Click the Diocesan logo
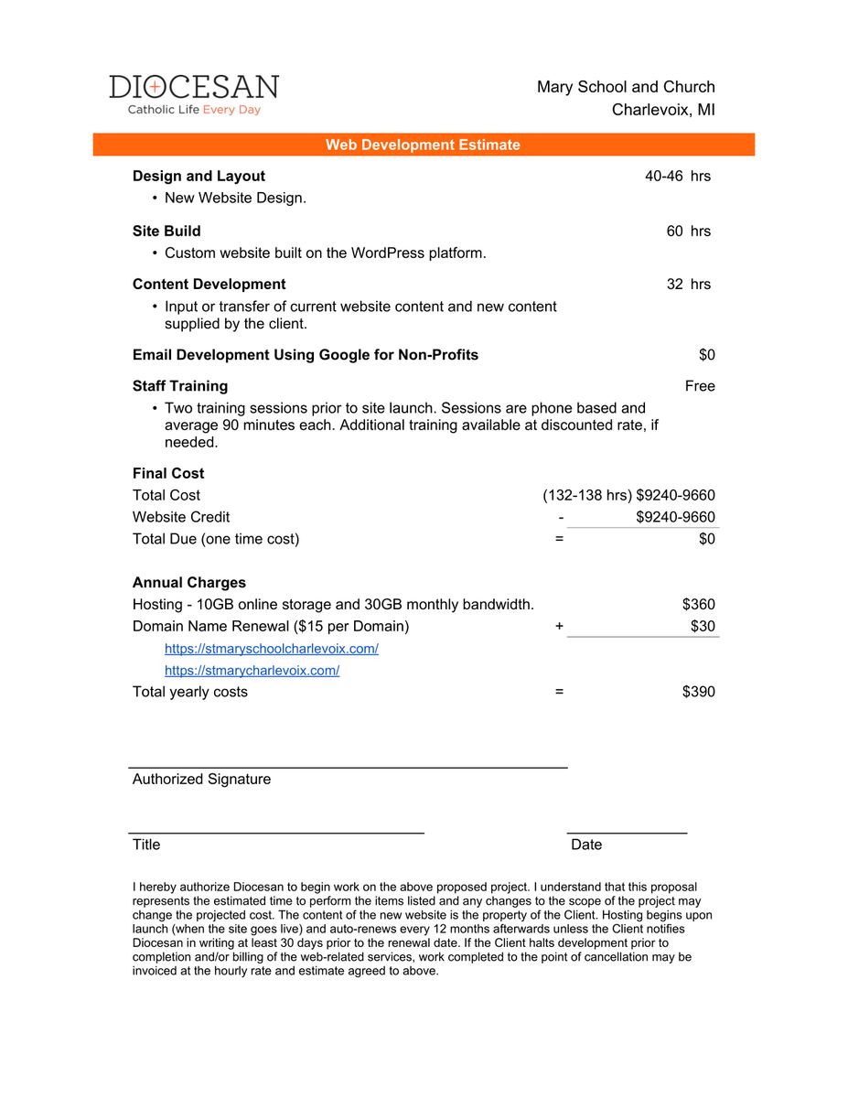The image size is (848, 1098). click(194, 94)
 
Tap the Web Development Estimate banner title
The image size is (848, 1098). click(423, 145)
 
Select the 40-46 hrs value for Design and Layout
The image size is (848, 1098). click(677, 176)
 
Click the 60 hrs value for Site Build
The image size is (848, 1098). click(688, 231)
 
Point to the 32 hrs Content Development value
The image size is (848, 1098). click(688, 284)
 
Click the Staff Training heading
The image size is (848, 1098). click(180, 385)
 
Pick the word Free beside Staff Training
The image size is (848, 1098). click(700, 385)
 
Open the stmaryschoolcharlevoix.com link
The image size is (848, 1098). click(272, 648)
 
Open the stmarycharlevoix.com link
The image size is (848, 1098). click(252, 670)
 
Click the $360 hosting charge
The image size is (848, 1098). click(698, 604)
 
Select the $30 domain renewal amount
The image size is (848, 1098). click(703, 626)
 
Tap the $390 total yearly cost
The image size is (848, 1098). click(698, 691)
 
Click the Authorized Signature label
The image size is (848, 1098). click(201, 779)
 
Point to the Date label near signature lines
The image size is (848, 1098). click(586, 844)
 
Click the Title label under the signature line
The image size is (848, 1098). click(146, 844)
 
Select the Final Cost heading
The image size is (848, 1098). click(168, 473)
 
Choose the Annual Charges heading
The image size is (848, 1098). click(189, 582)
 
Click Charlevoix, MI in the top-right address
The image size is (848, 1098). click(663, 110)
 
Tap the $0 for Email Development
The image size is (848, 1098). click(706, 354)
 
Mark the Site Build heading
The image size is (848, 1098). click(166, 231)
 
